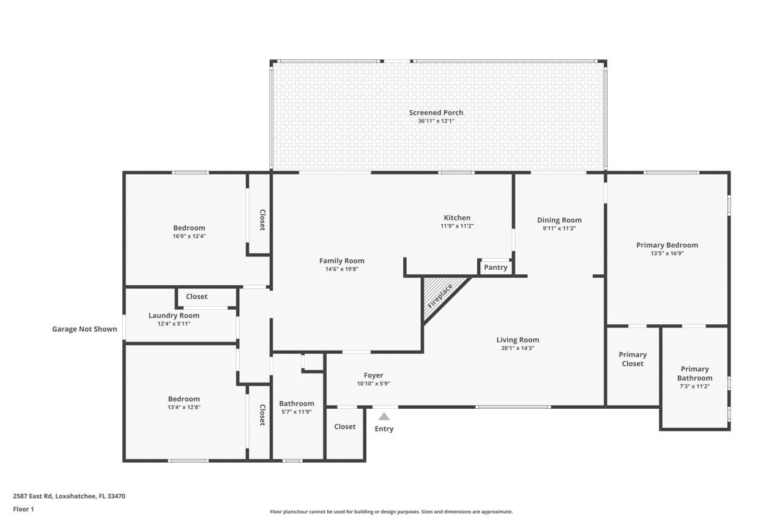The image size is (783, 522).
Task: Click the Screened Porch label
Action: [436, 113]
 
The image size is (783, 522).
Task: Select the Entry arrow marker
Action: [384, 417]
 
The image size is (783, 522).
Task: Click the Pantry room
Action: [495, 267]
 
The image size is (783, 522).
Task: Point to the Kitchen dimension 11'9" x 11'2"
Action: [457, 226]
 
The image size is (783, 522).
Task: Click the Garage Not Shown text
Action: [84, 329]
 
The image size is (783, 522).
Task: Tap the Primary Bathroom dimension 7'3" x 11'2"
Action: [694, 387]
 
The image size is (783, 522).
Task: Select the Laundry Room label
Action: [174, 316]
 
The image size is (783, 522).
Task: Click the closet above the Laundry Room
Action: [196, 297]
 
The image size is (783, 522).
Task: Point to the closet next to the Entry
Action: [344, 427]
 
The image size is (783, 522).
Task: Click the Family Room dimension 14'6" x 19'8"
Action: [341, 269]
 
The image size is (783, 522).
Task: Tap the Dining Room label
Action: [559, 220]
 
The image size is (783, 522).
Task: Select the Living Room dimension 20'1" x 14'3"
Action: [517, 348]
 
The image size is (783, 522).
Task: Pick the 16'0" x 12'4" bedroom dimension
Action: [189, 236]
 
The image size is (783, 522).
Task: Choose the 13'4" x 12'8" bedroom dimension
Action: [184, 407]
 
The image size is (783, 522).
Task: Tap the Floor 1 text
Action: [24, 509]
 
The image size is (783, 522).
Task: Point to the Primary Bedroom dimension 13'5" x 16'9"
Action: [667, 253]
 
